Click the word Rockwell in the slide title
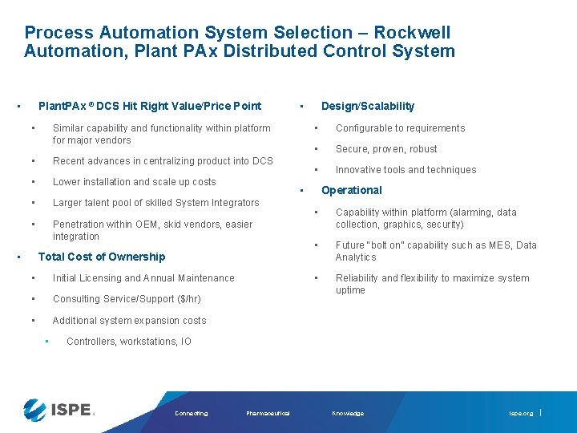coord(413,33)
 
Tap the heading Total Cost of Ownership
coord(102,257)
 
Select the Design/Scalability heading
coord(368,106)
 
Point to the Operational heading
coord(352,190)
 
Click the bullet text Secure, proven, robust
coord(386,149)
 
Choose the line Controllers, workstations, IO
coord(129,342)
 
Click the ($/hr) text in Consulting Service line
coord(187,299)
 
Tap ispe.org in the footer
coord(521,414)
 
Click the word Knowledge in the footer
coord(348,414)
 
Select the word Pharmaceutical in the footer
coord(268,414)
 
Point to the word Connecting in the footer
coord(191,414)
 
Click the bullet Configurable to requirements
coord(400,128)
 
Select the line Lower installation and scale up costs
coord(134,182)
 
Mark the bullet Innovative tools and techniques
coord(406,170)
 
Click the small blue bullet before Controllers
coord(47,342)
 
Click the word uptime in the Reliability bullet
coord(350,290)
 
